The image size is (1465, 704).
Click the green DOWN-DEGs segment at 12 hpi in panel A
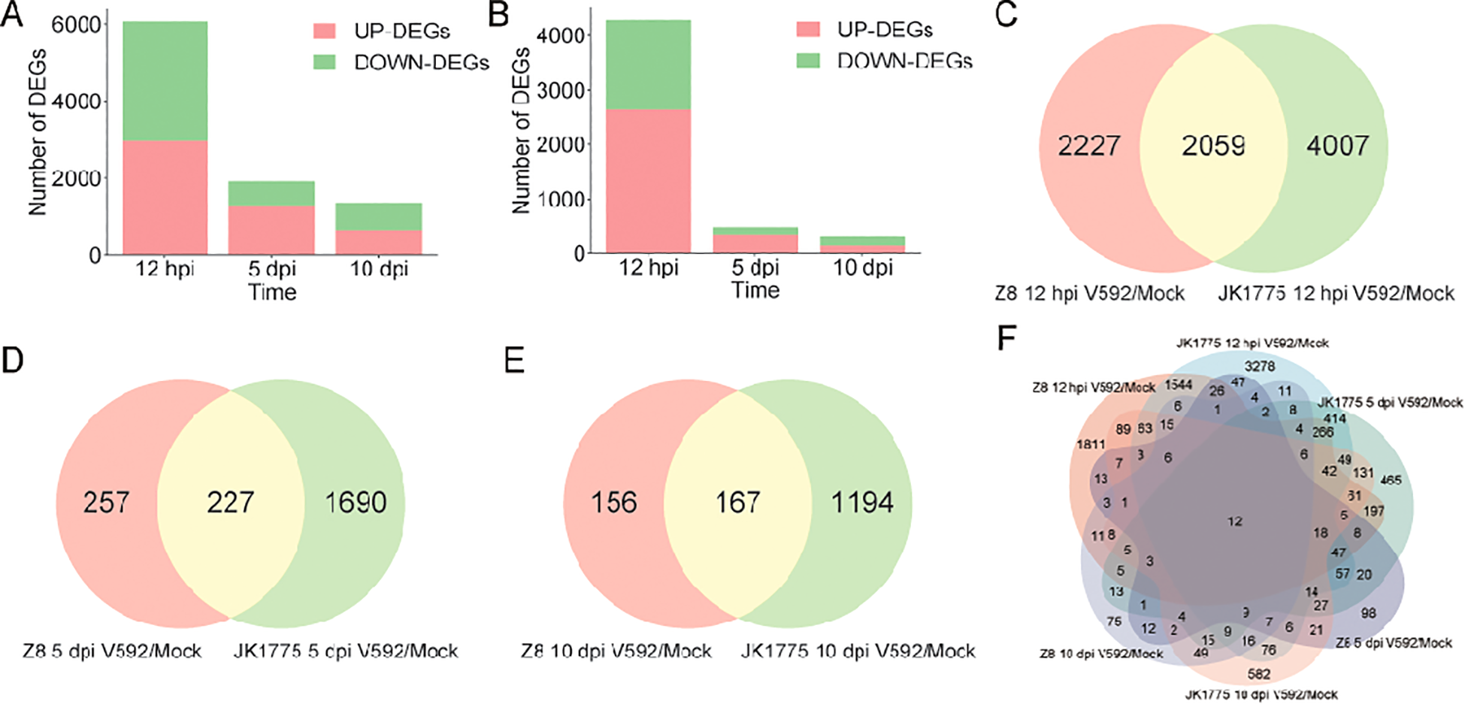[165, 81]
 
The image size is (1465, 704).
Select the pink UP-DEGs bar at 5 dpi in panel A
[271, 229]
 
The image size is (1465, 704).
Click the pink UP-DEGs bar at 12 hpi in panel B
[648, 180]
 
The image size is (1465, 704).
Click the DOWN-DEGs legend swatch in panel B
[808, 60]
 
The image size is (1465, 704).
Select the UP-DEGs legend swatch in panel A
[325, 31]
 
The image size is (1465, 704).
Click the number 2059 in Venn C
[1212, 145]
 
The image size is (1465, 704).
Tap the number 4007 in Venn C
[1337, 145]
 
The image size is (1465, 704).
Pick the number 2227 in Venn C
[1088, 145]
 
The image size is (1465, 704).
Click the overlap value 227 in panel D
[230, 502]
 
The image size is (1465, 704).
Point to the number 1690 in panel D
[356, 502]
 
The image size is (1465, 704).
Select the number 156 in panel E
[613, 502]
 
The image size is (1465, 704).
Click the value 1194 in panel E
[862, 502]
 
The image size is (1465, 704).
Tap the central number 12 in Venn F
[1235, 521]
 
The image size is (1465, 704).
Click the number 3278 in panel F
[1259, 367]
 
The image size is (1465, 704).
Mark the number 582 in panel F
[1258, 674]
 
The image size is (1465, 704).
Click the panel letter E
[514, 361]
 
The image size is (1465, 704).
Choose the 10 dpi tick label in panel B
[862, 267]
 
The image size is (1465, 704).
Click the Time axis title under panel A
[272, 292]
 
